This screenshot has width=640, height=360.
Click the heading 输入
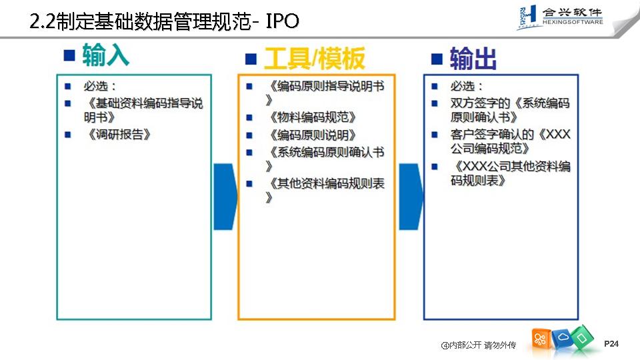pyautogui.click(x=105, y=56)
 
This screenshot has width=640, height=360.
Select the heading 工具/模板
pyautogui.click(x=314, y=59)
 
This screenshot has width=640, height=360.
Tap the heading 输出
pyautogui.click(x=473, y=59)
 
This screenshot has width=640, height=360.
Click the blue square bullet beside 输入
pyautogui.click(x=69, y=55)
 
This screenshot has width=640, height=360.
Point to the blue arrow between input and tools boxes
pyautogui.click(x=225, y=197)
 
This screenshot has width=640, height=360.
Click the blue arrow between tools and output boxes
pyautogui.click(x=411, y=197)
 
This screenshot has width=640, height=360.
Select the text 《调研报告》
pyautogui.click(x=119, y=134)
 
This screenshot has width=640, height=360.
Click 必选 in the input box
pyautogui.click(x=100, y=87)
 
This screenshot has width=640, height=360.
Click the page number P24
pyautogui.click(x=611, y=343)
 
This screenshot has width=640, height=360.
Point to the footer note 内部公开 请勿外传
pyautogui.click(x=478, y=345)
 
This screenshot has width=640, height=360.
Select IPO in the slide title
pyautogui.click(x=282, y=22)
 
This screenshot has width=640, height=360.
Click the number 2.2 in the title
pyautogui.click(x=42, y=22)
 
